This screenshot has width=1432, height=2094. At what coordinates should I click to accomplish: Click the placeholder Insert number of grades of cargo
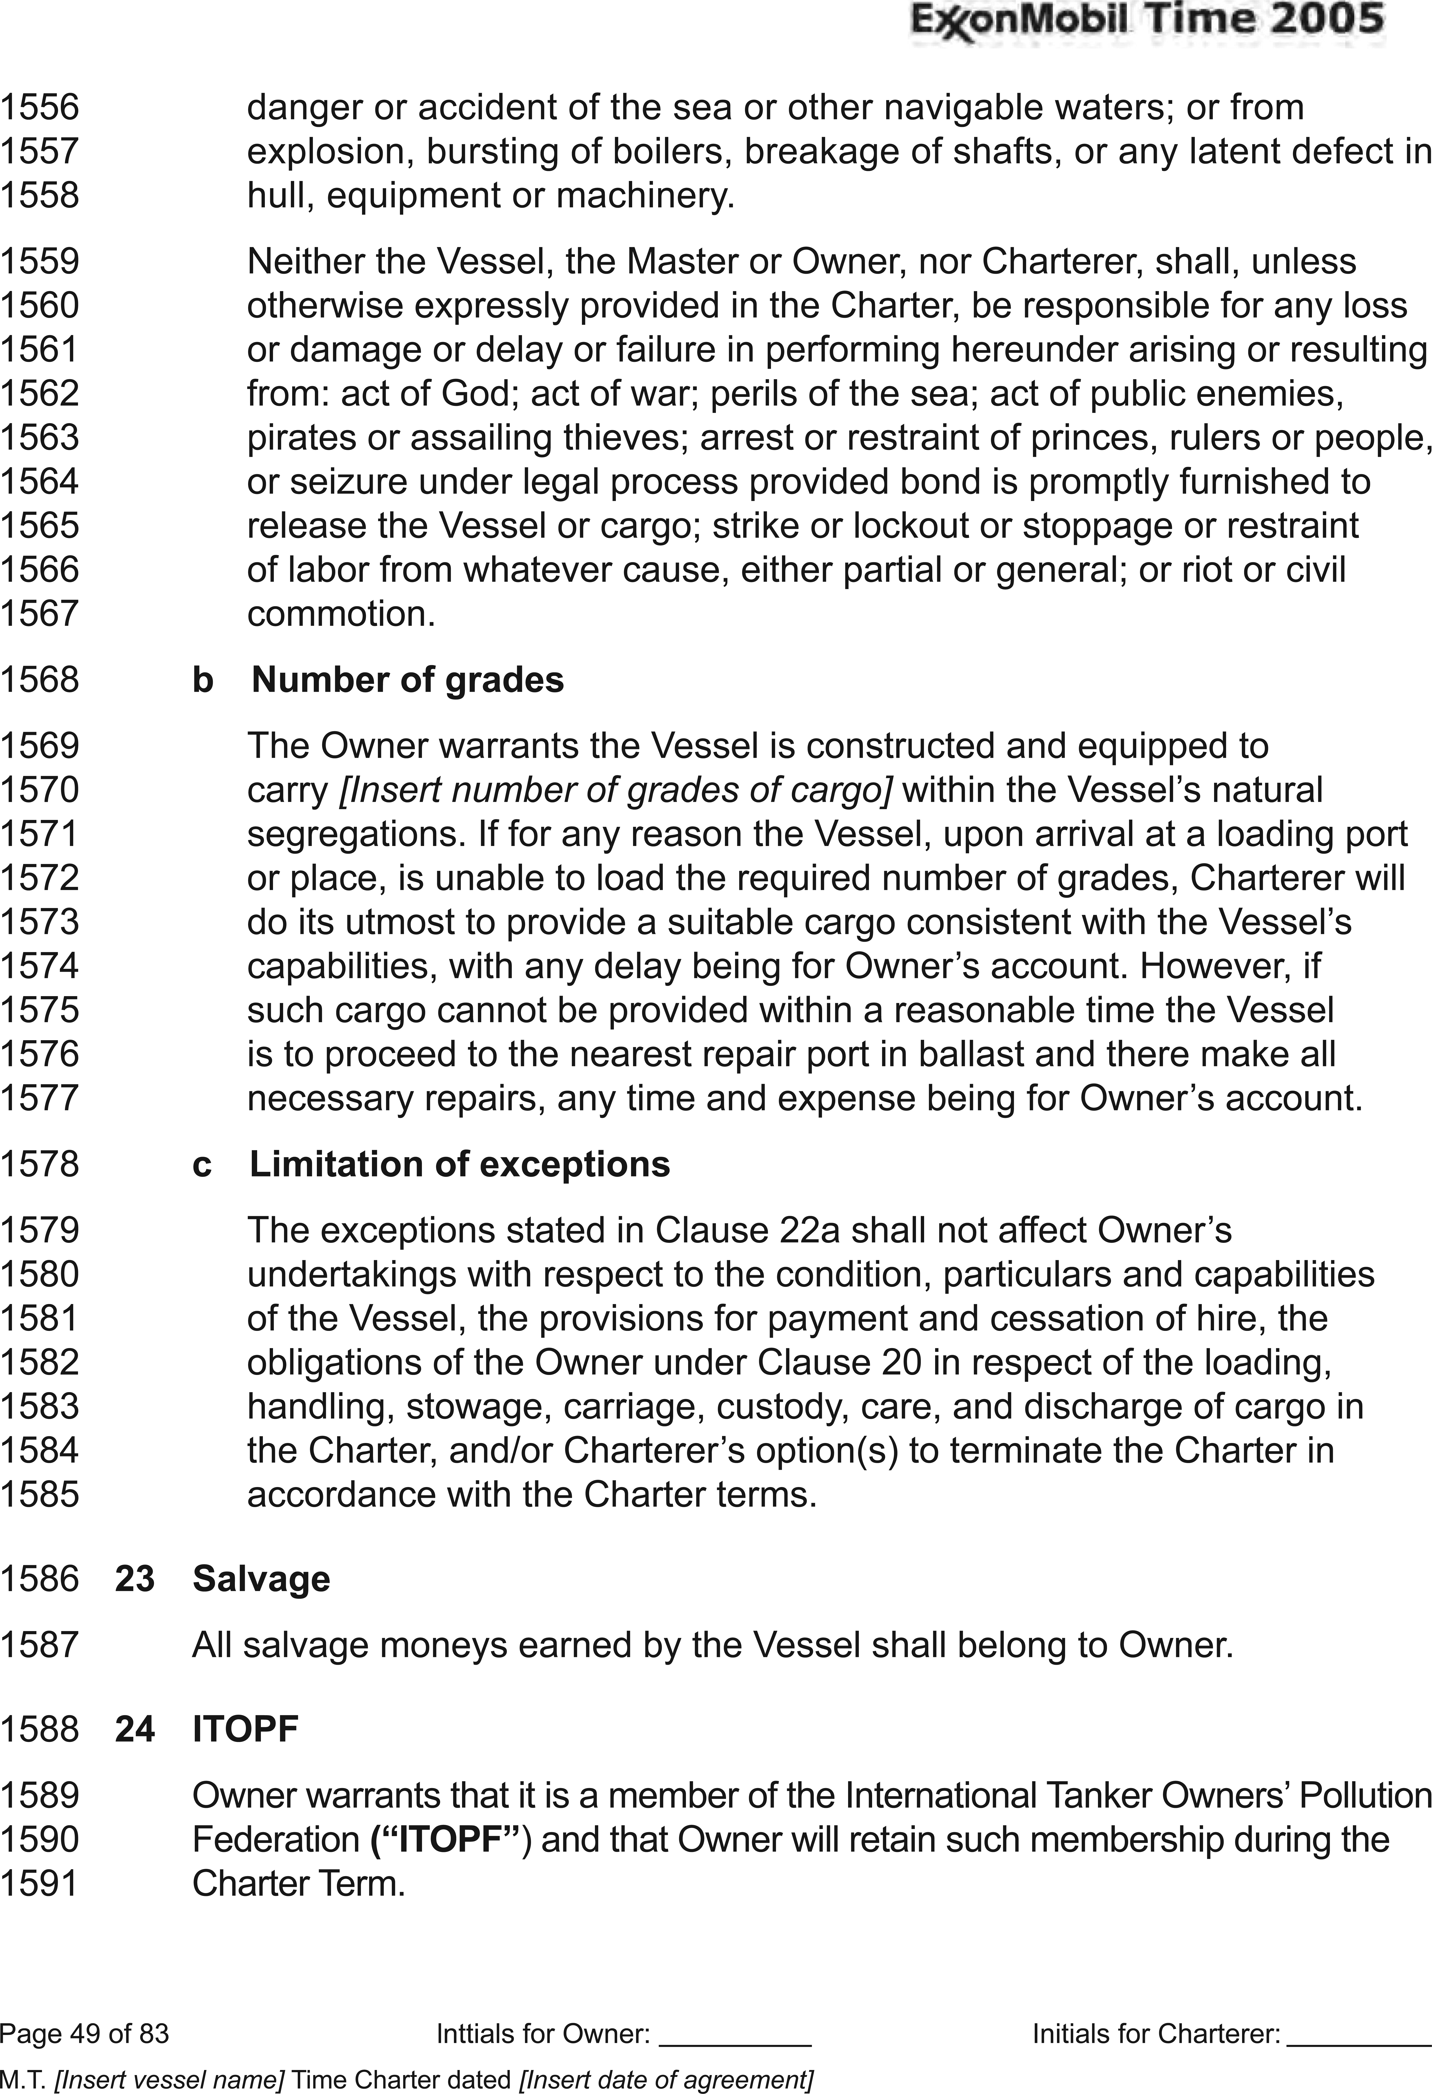click(x=615, y=790)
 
